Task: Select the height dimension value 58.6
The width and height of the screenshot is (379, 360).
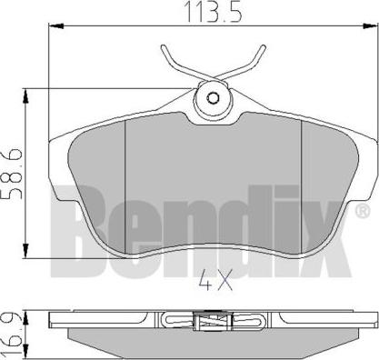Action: point(12,169)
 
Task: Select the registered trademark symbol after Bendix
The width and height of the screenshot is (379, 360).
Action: point(364,186)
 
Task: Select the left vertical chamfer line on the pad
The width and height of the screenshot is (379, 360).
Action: point(124,182)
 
